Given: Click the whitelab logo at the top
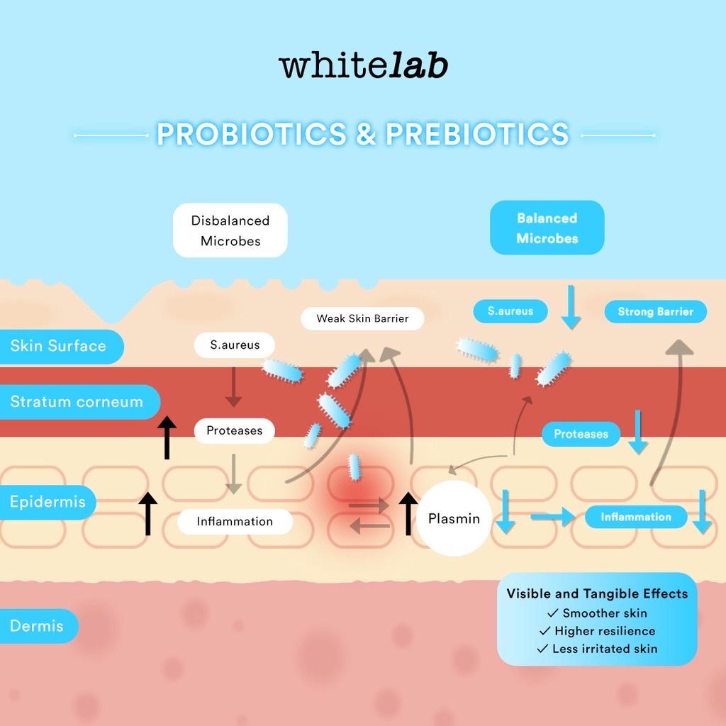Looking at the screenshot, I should [363, 66].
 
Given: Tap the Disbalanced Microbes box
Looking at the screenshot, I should [230, 230].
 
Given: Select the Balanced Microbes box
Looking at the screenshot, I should [547, 228].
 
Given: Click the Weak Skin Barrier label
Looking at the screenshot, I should [362, 318].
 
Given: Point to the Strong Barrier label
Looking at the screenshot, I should [655, 312].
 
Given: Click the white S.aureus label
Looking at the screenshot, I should [235, 345].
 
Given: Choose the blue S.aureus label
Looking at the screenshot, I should [510, 311].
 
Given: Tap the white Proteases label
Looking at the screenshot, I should [234, 430].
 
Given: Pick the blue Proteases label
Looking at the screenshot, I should [581, 434].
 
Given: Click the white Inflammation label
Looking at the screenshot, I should [235, 521].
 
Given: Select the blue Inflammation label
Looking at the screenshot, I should [635, 517].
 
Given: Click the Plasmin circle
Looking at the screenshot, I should [454, 519].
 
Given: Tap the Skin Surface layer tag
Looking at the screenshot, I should [60, 346].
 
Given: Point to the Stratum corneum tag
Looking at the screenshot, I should [77, 402].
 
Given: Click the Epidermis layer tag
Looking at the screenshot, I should [48, 502].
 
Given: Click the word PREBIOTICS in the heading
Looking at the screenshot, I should [476, 134].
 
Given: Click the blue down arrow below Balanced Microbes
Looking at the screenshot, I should [571, 307].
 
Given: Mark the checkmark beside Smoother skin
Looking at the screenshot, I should [553, 613].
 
